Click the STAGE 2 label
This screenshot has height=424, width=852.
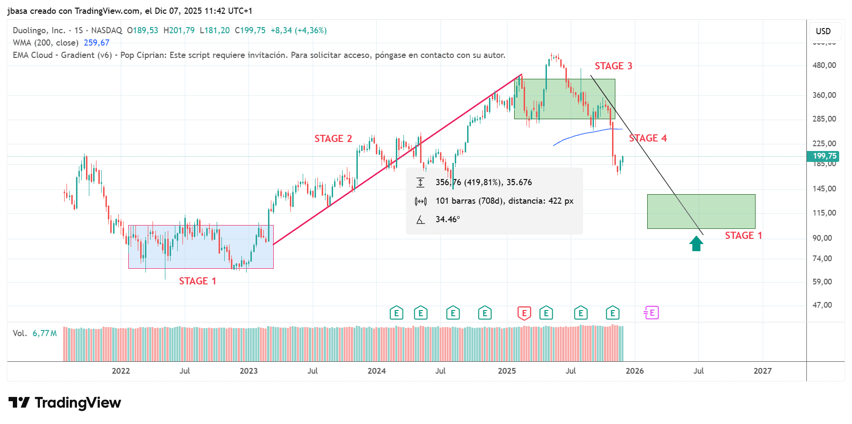pyautogui.click(x=333, y=139)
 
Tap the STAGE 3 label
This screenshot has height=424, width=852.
pyautogui.click(x=613, y=66)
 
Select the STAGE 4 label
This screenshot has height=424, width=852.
pyautogui.click(x=648, y=138)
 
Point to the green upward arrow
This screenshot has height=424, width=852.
pyautogui.click(x=697, y=244)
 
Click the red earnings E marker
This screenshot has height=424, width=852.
pyautogui.click(x=524, y=313)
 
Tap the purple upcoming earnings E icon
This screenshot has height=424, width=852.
pyautogui.click(x=651, y=313)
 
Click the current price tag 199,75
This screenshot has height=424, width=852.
pyautogui.click(x=824, y=156)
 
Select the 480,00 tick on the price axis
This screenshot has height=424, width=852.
pyautogui.click(x=824, y=66)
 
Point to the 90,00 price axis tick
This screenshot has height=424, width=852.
pyautogui.click(x=822, y=238)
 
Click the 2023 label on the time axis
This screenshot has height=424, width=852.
pyautogui.click(x=249, y=371)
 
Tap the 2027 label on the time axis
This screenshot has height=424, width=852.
pyautogui.click(x=762, y=371)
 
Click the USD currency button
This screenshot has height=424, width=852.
pyautogui.click(x=823, y=31)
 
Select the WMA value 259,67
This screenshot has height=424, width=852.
pyautogui.click(x=96, y=43)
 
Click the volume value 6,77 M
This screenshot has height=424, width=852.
pyautogui.click(x=45, y=333)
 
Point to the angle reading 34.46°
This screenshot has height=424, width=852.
pyautogui.click(x=448, y=219)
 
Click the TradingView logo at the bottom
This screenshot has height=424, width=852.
pyautogui.click(x=65, y=403)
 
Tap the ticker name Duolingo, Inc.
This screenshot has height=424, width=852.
pyautogui.click(x=39, y=30)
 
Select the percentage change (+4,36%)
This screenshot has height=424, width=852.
pyautogui.click(x=311, y=30)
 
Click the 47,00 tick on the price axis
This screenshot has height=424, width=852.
pyautogui.click(x=822, y=305)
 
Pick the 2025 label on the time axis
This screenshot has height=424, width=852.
pyautogui.click(x=507, y=371)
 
